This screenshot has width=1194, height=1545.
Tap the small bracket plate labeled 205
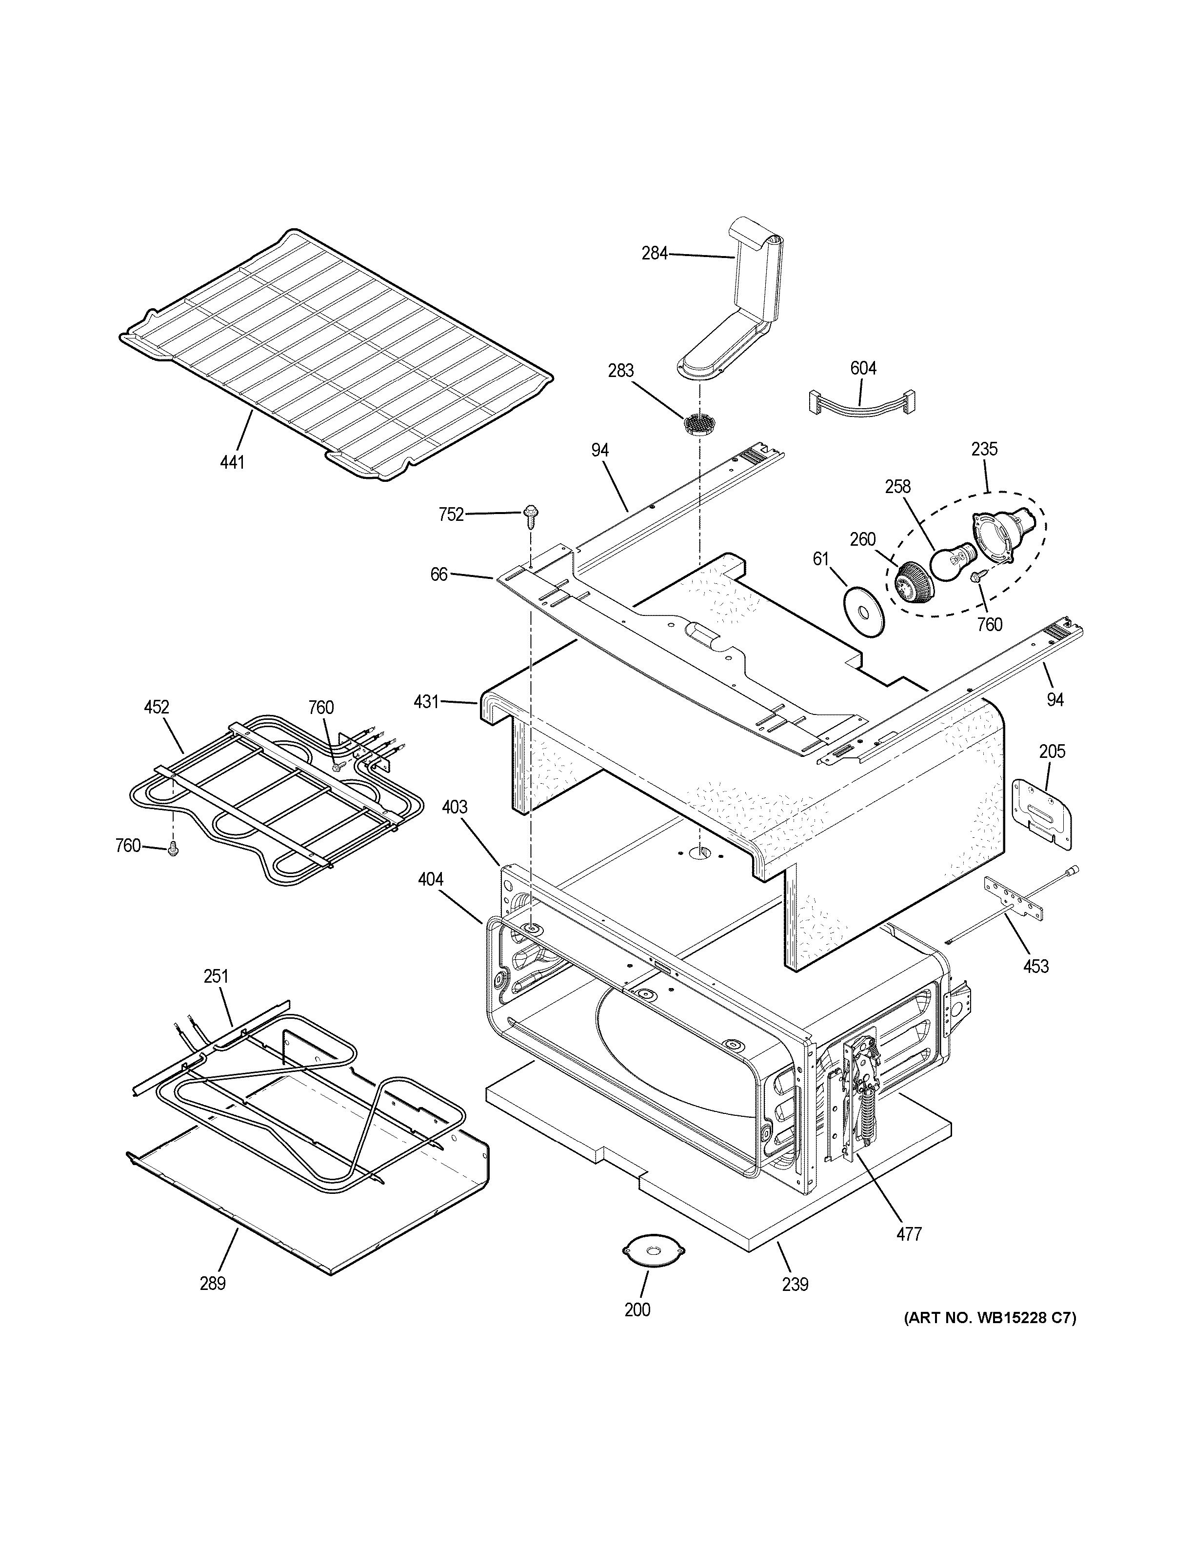click(1042, 812)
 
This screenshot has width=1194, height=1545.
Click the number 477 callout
click(909, 1234)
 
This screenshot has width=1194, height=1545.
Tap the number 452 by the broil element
click(157, 707)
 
